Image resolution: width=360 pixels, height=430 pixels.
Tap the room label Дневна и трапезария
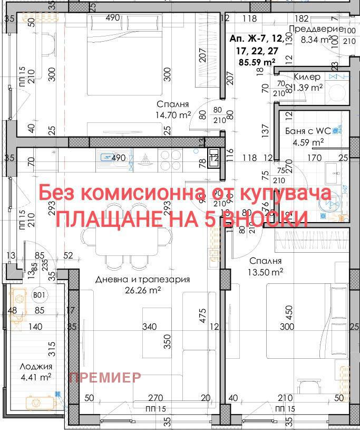coord(142,280)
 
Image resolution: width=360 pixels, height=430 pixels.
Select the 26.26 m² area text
coord(142,290)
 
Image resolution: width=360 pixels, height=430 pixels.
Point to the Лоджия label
coord(36,367)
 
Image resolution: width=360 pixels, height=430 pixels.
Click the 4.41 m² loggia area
coord(36,377)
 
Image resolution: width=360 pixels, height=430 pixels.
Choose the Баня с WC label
coord(312,131)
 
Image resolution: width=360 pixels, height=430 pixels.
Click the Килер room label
coord(307,77)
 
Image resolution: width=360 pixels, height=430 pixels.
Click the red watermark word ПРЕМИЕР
coord(105,377)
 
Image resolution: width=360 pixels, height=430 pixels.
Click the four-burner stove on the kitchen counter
coord(170,159)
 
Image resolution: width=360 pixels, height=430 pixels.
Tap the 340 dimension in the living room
coord(150,327)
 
